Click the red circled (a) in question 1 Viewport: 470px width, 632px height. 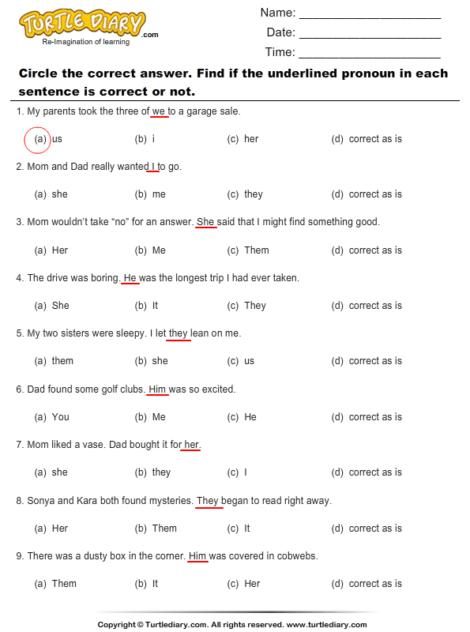click(39, 139)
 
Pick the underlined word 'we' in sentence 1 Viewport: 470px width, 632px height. click(158, 111)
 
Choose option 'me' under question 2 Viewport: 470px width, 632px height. click(159, 194)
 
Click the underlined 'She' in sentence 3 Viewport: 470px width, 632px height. click(205, 222)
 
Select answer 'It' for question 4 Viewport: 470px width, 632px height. click(155, 306)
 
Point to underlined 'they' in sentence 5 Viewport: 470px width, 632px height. click(179, 333)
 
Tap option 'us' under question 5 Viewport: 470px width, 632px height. click(249, 361)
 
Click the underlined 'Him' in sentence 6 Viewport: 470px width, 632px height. click(158, 389)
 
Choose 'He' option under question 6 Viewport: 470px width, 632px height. click(250, 417)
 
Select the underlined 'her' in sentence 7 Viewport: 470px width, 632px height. click(192, 445)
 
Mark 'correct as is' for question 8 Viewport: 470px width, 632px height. click(374, 529)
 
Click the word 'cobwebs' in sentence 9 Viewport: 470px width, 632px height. click(296, 556)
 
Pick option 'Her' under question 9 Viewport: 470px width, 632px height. click(252, 584)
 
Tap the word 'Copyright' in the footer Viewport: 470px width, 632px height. click(117, 624)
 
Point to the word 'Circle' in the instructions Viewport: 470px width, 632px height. click(39, 73)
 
